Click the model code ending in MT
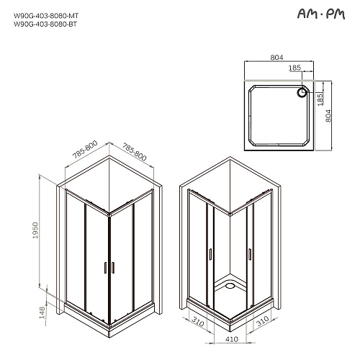click(46, 16)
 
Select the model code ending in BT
click(45, 24)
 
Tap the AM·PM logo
click(321, 14)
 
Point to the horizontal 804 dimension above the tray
click(276, 58)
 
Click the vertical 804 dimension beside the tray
click(328, 116)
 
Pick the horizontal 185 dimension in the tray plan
click(294, 68)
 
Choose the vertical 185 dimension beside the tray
click(320, 99)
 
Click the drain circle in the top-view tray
click(302, 92)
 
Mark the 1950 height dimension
click(35, 230)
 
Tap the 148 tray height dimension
click(42, 312)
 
